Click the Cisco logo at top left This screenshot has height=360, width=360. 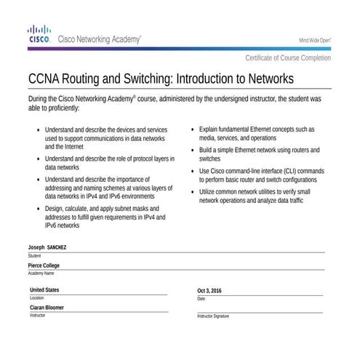(x=39, y=34)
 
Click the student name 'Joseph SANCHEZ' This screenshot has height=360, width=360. (x=47, y=248)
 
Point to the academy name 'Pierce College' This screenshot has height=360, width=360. (x=44, y=265)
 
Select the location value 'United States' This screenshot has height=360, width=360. (x=45, y=290)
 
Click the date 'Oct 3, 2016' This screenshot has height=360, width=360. (x=209, y=291)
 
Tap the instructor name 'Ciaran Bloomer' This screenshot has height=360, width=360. (x=47, y=308)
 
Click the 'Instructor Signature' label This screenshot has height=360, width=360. (x=213, y=316)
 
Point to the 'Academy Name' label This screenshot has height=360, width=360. (x=41, y=273)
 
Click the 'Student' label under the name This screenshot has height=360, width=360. (x=34, y=256)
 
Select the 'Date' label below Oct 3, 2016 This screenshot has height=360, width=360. (x=201, y=299)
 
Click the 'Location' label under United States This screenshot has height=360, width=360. (x=36, y=298)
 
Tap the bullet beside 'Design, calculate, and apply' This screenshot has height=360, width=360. (x=38, y=209)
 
